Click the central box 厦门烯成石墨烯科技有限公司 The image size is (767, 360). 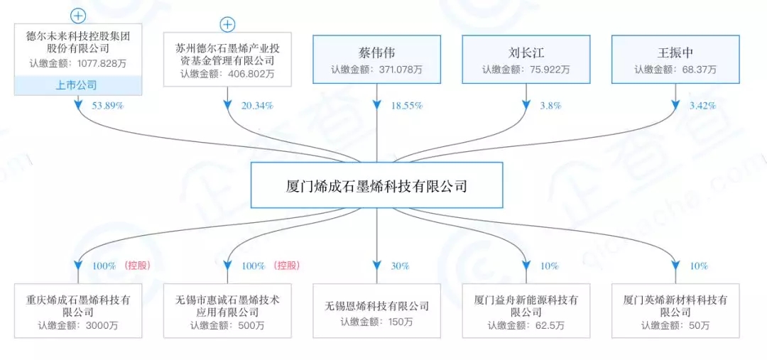pos(376,185)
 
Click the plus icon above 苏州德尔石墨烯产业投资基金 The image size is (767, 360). pos(227,25)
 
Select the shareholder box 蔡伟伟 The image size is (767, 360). pos(376,60)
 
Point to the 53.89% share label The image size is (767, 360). pos(106,106)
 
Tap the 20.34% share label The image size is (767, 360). pos(257,106)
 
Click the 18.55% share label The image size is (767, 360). pos(406,106)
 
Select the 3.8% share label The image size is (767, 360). pos(550,106)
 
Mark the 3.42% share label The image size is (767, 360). pos(702,106)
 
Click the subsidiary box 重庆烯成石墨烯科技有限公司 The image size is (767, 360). pos(78,311)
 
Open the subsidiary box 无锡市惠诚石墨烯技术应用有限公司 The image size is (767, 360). pos(227,311)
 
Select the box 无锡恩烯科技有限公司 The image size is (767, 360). pos(376,311)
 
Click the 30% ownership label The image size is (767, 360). pos(400,266)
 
